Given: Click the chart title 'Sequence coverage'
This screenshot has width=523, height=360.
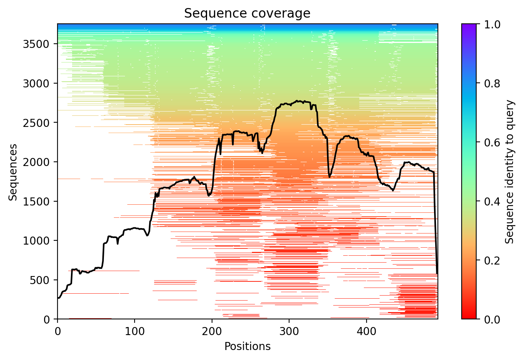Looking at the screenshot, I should [247, 13].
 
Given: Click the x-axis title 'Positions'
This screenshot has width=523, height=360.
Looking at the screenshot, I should [247, 347].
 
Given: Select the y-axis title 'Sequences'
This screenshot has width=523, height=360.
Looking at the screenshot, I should [13, 172].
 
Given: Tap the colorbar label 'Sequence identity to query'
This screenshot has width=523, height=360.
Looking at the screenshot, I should [510, 172].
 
